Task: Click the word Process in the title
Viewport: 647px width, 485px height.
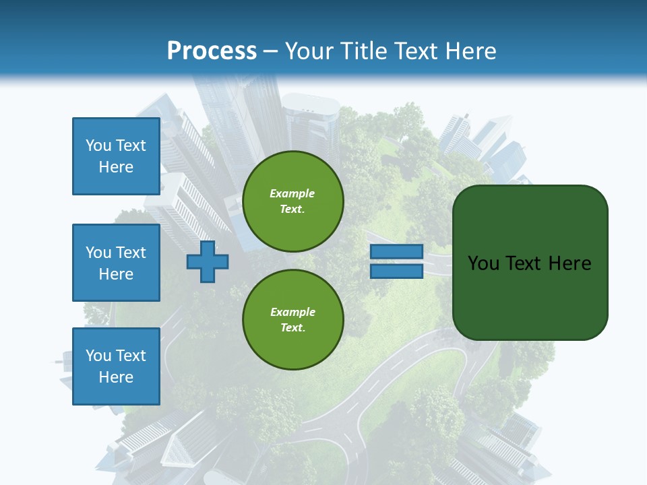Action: (x=212, y=51)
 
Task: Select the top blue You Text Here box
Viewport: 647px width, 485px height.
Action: (x=116, y=156)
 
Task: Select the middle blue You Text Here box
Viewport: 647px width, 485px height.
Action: (x=116, y=263)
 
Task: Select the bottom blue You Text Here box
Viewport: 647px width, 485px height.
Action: (x=116, y=366)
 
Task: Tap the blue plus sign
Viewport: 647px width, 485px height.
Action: (x=208, y=262)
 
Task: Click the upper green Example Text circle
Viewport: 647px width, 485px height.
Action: (x=292, y=201)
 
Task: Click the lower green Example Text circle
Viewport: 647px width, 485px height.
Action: (x=292, y=319)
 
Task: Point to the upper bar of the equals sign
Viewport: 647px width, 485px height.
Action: (x=396, y=252)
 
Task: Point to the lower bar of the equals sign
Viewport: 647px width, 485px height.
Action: (x=396, y=271)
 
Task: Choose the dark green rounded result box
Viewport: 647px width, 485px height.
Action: (x=530, y=263)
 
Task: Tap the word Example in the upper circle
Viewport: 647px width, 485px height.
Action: (x=292, y=193)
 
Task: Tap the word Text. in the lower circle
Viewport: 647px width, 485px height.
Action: (x=292, y=327)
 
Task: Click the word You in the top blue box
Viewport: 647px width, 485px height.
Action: (x=98, y=145)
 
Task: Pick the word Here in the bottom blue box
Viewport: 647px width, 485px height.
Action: (x=116, y=377)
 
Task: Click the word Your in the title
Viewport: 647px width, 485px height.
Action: (x=309, y=51)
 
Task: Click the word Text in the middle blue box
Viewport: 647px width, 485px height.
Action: (x=130, y=253)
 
